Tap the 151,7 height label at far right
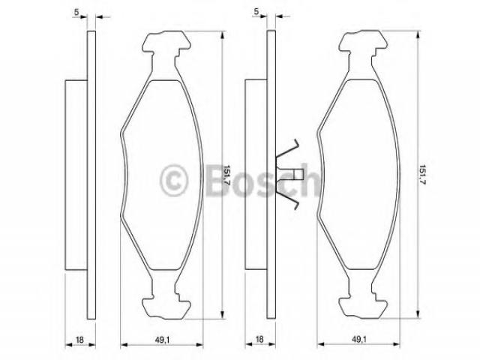tap(423, 175)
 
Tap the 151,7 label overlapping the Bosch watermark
tap(226, 175)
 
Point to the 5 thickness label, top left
tap(76, 12)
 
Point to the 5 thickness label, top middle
tap(256, 11)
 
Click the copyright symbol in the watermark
tap(173, 180)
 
